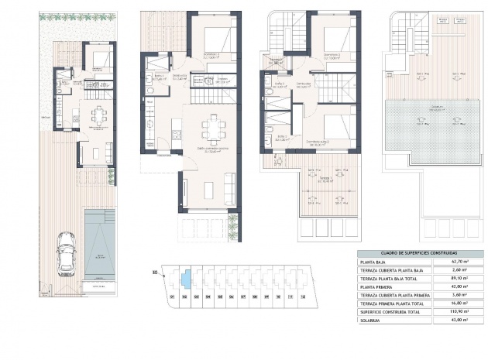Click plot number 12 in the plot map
[x=303, y=296]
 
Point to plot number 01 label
[x=171, y=296]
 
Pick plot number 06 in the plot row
[x=232, y=296]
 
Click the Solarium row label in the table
[x=372, y=321]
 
